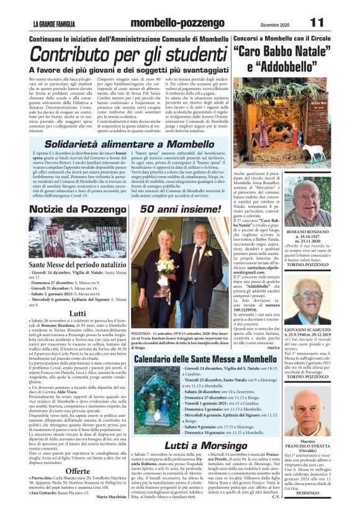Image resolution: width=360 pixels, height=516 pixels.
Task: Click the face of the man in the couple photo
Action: tap(202, 234)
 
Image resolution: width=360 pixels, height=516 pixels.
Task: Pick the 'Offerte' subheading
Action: tap(78, 471)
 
